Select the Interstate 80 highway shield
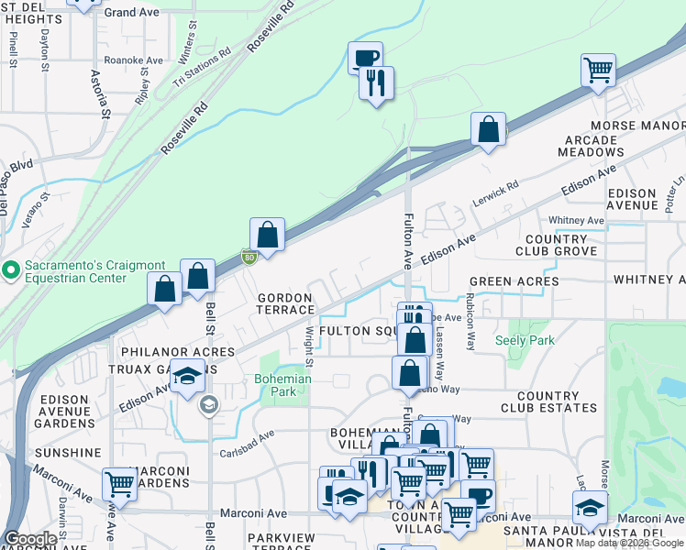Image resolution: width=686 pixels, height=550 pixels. pos(249,258)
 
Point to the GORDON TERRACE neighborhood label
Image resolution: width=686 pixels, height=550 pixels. pos(285,303)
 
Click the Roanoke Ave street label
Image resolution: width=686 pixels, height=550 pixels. pos(133,60)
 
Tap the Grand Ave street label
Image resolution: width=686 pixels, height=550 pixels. pos(131,13)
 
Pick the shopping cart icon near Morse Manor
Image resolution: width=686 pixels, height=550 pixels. pos(598,69)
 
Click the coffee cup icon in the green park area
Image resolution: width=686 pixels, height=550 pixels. pos(365,58)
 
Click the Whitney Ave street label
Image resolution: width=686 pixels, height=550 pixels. pos(576,221)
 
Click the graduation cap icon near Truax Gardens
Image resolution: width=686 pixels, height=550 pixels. pos(188,377)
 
